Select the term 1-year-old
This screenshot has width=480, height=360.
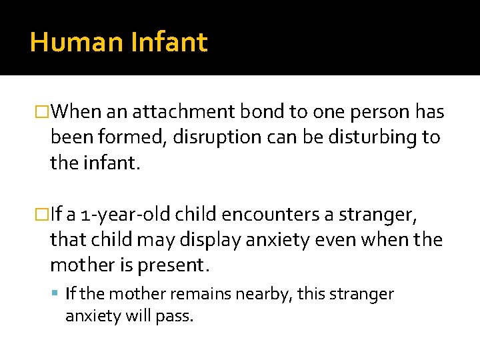coord(119,215)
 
